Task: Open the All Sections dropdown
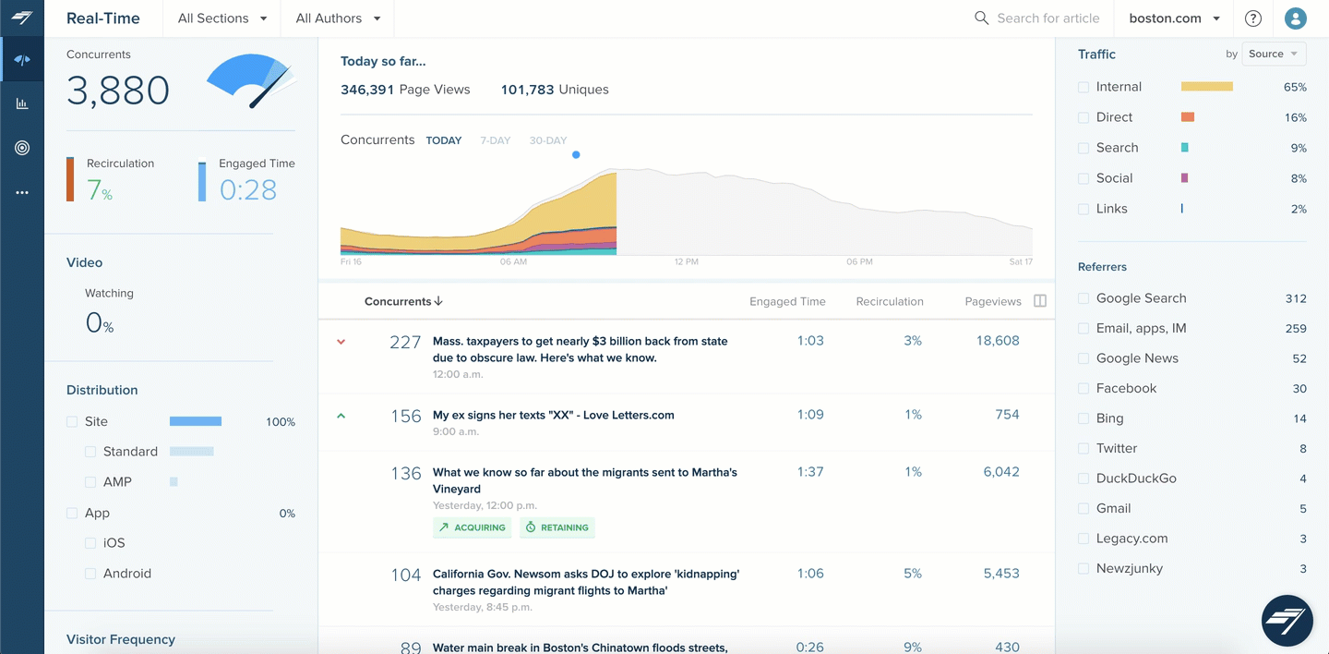tap(222, 18)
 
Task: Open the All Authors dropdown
tap(338, 18)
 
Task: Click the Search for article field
tap(1048, 18)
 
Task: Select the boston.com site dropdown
tap(1174, 18)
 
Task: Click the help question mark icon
tap(1252, 18)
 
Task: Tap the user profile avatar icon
tap(1296, 18)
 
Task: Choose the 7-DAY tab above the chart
tap(496, 140)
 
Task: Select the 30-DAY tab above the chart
tap(548, 140)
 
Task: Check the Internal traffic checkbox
tap(1084, 87)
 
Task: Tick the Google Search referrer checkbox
tap(1084, 298)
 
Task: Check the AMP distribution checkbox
tap(90, 482)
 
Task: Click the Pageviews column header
tap(992, 301)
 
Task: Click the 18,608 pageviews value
tap(997, 341)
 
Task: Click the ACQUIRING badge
tap(473, 527)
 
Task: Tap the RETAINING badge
tap(557, 527)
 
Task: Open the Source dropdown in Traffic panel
tap(1274, 54)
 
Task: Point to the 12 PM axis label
tap(686, 262)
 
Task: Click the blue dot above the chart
tap(576, 155)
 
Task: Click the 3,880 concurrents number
tap(118, 91)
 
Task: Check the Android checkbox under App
tap(90, 574)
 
